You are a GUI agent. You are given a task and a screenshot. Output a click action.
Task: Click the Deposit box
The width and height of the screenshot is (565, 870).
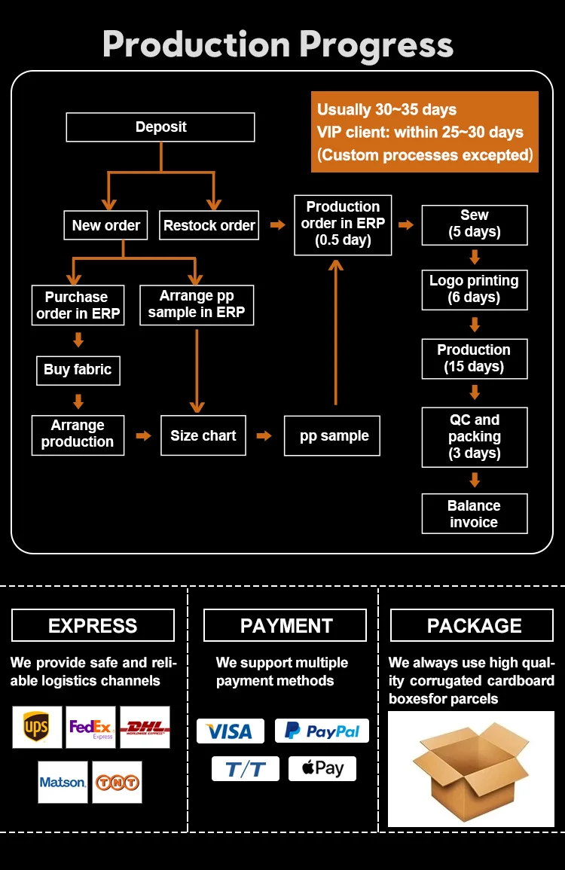[160, 127]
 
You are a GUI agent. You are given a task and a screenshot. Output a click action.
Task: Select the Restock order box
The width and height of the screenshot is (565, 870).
[209, 225]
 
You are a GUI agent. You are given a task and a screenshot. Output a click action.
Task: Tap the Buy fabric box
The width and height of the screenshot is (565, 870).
[78, 370]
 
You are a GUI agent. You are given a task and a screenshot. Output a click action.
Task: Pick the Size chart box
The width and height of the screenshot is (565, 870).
[203, 435]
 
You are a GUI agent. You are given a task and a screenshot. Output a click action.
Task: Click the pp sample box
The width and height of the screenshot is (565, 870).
[332, 435]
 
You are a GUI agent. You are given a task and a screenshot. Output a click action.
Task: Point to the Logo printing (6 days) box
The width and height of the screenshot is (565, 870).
[474, 289]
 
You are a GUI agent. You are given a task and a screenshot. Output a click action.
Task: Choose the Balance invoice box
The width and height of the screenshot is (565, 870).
[474, 514]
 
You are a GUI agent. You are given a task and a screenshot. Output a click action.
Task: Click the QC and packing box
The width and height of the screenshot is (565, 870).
[474, 436]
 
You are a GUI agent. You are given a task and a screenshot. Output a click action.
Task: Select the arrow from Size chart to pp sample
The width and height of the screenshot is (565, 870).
[264, 435]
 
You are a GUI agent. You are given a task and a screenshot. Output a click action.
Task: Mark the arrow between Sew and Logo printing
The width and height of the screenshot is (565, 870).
[475, 257]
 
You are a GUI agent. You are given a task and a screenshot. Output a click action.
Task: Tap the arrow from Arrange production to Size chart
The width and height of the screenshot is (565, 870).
[143, 435]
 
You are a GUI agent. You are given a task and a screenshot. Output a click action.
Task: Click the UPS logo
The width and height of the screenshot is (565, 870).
[37, 727]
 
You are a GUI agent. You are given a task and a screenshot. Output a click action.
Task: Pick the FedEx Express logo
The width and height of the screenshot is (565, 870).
[90, 727]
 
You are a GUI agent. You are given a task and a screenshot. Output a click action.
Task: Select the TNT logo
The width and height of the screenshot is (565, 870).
[117, 782]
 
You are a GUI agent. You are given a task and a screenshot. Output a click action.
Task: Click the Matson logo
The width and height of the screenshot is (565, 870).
[63, 782]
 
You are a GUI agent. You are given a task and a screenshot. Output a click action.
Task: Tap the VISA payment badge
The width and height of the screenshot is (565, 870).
[231, 731]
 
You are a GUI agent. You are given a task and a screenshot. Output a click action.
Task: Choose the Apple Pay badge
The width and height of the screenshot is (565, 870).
[322, 768]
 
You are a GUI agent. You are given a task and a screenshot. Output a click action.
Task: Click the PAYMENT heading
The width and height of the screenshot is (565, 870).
[286, 626]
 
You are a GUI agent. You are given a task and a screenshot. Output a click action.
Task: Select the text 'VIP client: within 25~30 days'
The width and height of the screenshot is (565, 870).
[420, 133]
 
